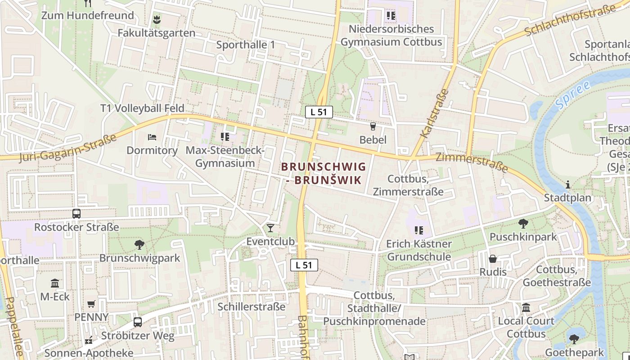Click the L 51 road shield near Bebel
coord(319,112)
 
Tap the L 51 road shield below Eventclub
coord(304,265)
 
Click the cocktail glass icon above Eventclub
coord(270,228)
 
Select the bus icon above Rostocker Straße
coord(76,214)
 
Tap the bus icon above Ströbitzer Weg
coord(138,322)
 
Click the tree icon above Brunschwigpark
coord(139,245)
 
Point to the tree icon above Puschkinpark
coord(523,224)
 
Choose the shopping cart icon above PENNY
coord(91,304)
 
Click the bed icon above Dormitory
coord(152,137)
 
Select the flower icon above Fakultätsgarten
coord(157,20)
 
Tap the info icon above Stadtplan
coord(568,184)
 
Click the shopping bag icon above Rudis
coord(493,259)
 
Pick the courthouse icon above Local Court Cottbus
coord(526,308)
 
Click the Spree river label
coord(572,95)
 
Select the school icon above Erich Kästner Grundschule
coord(419,230)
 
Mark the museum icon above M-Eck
coord(55,283)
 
